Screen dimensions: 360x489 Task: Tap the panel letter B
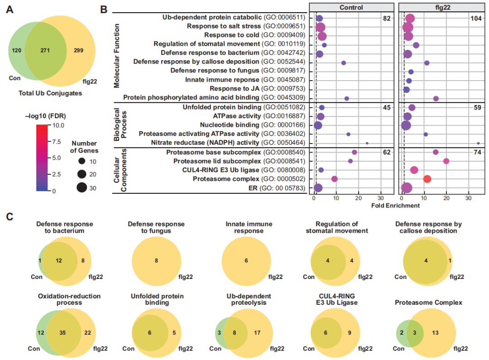104,9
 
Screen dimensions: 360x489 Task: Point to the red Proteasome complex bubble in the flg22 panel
427,179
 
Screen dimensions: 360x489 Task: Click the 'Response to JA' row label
258,89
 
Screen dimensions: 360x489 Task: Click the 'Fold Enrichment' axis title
395,205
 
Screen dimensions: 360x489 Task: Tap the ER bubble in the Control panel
318,188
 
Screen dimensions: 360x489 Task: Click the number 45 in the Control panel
387,107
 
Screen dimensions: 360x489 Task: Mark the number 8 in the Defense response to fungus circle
156,260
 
